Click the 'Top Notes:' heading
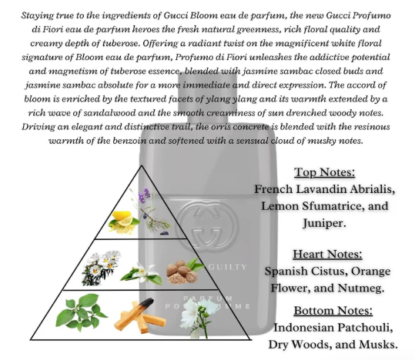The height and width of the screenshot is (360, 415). coord(324,172)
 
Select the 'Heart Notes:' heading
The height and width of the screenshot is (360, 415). coord(327,254)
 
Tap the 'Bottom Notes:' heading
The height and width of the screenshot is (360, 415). coord(333,311)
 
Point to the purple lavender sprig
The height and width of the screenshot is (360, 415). coord(144,195)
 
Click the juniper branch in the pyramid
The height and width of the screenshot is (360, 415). coord(156,218)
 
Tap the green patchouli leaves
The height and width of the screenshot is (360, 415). coord(81,313)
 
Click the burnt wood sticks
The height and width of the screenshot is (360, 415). coord(140,315)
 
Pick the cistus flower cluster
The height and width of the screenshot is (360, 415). coord(101,268)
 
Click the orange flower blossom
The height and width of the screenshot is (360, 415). coord(141,274)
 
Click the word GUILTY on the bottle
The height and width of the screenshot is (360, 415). coord(228,267)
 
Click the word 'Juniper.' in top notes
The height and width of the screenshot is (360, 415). coord(324,223)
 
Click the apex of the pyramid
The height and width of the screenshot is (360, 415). coord(142,165)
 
